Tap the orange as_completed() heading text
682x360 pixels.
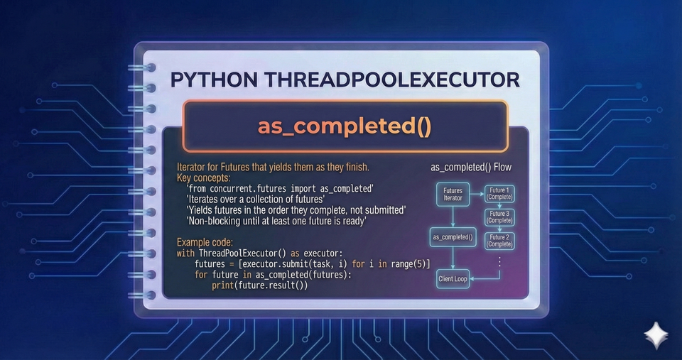(x=345, y=127)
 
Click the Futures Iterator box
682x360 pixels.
(x=453, y=195)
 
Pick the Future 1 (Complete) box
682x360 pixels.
(x=499, y=193)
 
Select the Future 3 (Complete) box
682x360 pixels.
(x=499, y=217)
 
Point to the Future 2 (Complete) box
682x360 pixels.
(x=499, y=240)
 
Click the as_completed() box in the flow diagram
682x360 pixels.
(x=452, y=236)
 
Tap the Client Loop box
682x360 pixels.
(x=453, y=279)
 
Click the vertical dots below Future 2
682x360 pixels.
(x=499, y=262)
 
